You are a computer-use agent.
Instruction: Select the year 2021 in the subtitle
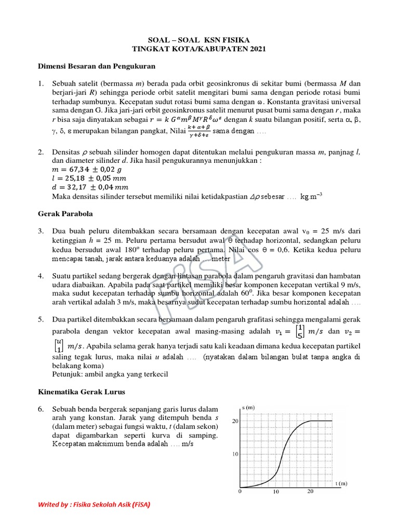[255, 49]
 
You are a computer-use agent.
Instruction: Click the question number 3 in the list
[42, 230]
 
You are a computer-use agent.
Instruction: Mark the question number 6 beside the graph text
[42, 409]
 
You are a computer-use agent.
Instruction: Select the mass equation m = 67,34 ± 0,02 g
[86, 169]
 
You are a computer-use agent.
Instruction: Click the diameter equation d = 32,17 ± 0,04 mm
[90, 187]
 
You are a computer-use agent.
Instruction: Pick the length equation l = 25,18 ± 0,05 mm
[89, 178]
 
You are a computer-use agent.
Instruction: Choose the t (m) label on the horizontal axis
[341, 483]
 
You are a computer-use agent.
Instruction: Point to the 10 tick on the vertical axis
[235, 454]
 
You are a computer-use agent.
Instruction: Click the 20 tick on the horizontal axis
[310, 492]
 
